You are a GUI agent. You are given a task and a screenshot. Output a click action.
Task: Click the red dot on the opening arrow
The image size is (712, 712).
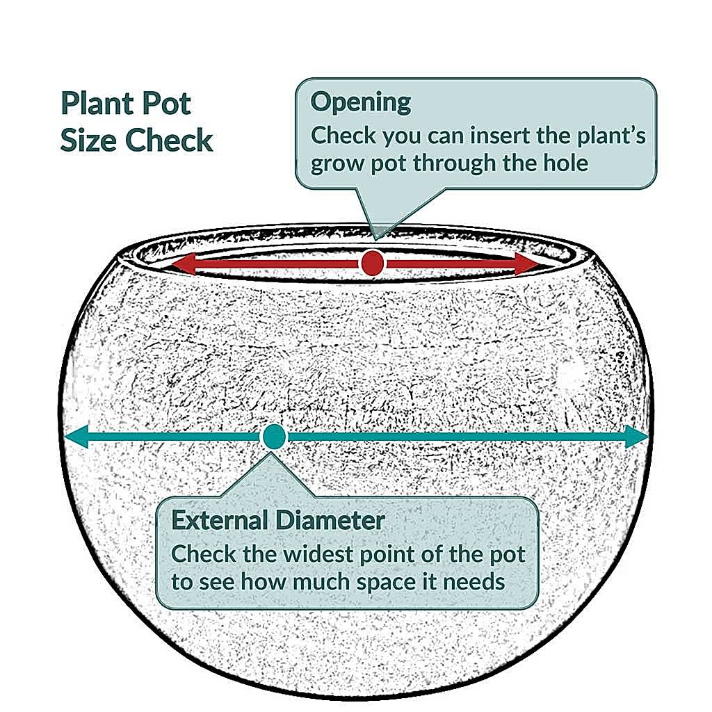(373, 263)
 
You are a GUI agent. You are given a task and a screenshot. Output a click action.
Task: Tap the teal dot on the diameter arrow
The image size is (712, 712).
(273, 437)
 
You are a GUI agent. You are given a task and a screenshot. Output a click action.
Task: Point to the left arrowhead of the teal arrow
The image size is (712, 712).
(76, 437)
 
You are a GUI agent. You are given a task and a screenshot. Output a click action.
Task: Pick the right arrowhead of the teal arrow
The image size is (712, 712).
(636, 437)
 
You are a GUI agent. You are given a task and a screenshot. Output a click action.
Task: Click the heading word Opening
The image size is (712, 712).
(361, 103)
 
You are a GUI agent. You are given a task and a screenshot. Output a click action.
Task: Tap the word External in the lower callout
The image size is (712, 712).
(219, 520)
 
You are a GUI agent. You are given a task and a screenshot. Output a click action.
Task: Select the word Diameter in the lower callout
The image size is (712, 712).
(330, 520)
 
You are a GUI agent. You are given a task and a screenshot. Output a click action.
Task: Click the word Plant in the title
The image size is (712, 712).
(95, 104)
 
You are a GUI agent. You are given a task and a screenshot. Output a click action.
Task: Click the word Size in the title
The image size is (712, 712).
(89, 140)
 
